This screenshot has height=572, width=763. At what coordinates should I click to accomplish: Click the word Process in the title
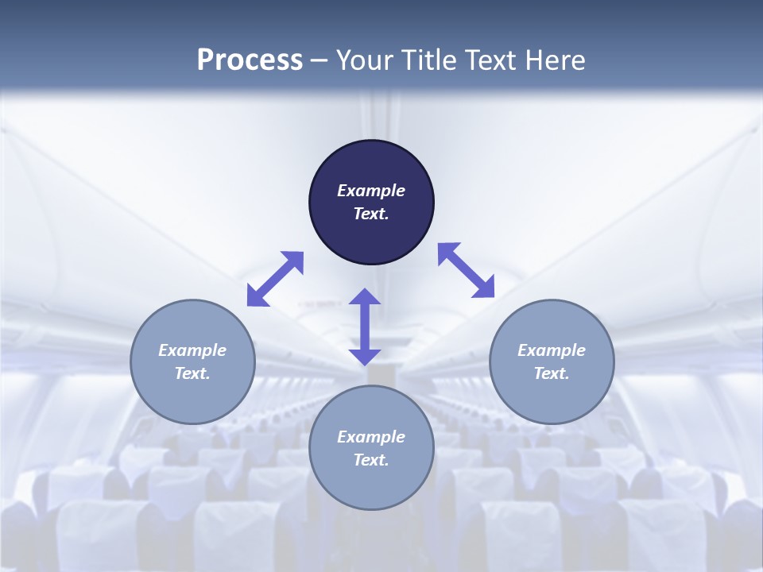(x=250, y=60)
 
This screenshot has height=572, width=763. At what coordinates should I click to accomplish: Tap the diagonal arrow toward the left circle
(x=275, y=279)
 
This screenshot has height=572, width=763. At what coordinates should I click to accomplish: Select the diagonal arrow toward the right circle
(x=467, y=270)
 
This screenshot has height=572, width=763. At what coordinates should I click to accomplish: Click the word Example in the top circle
(x=371, y=191)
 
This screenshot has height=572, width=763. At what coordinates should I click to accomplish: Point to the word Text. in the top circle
(x=371, y=214)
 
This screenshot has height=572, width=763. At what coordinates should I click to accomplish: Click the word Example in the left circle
(x=192, y=350)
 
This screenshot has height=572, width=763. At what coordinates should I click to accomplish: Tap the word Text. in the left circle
(x=192, y=373)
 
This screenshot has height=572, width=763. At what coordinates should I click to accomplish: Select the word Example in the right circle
(x=552, y=350)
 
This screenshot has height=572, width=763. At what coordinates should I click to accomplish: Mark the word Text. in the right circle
(x=552, y=373)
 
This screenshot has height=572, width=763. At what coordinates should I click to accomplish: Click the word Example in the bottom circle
(x=371, y=437)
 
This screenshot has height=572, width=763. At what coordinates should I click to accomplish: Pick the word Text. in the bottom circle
(x=371, y=460)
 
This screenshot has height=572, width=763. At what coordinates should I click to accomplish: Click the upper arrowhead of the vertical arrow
(x=365, y=298)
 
